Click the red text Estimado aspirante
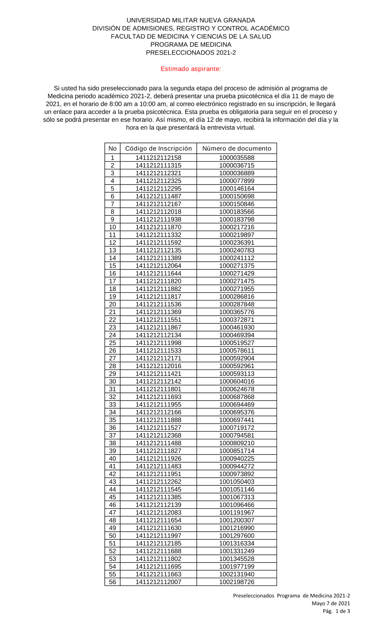click(191, 69)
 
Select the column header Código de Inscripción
click(158, 149)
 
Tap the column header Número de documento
click(236, 149)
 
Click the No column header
click(112, 149)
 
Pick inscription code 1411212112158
click(158, 158)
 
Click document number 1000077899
click(236, 181)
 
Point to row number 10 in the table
click(112, 227)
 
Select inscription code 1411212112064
click(158, 266)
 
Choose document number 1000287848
click(236, 304)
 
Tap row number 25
click(112, 343)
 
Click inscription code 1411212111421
click(158, 374)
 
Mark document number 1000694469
click(236, 404)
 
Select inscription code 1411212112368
click(158, 435)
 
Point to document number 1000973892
click(236, 474)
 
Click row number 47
click(112, 513)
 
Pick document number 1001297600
click(236, 536)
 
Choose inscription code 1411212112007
click(158, 582)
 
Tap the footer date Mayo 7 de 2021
click(330, 603)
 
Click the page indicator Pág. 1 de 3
click(336, 611)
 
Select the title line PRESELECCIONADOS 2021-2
click(191, 53)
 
